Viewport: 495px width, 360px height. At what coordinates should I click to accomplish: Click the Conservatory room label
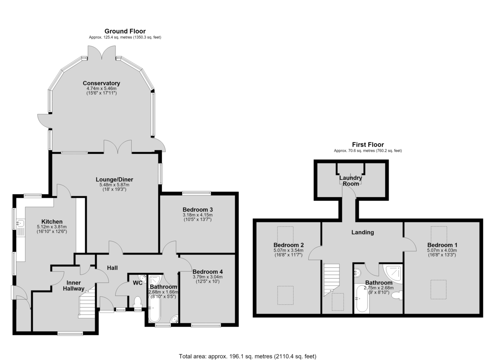click(101, 83)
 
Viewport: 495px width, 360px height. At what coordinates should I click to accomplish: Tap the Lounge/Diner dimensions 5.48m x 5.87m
click(115, 185)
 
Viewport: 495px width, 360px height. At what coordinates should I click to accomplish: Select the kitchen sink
click(21, 224)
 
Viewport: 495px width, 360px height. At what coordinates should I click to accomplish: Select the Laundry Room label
click(351, 181)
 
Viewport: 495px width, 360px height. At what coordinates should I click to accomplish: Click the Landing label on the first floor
click(363, 232)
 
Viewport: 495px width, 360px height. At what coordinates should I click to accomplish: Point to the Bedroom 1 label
click(442, 245)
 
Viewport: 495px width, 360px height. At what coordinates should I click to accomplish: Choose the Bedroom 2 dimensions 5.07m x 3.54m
click(288, 250)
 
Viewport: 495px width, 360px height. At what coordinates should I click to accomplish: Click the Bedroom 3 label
click(198, 209)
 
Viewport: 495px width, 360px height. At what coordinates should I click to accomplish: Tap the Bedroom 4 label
click(207, 272)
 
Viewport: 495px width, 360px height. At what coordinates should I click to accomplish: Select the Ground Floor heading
click(125, 31)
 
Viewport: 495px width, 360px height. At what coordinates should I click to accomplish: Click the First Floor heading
click(368, 145)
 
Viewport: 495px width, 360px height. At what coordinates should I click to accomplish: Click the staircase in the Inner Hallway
click(87, 302)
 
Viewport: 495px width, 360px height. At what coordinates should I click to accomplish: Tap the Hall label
click(112, 268)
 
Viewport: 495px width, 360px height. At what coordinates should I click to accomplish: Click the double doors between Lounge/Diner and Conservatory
click(118, 147)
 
